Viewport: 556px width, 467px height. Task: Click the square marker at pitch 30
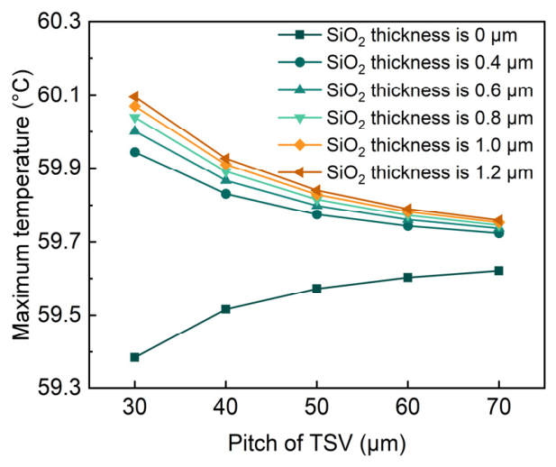coord(135,357)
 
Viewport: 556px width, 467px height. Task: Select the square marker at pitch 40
coord(225,309)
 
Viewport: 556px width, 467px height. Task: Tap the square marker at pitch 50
coord(316,288)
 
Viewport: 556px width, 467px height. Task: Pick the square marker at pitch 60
coord(408,277)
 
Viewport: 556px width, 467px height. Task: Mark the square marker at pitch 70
coord(499,270)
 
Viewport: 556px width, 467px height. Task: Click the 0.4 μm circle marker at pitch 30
coord(135,152)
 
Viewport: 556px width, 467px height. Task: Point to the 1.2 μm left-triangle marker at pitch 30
coord(134,96)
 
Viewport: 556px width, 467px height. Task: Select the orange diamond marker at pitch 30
coord(135,105)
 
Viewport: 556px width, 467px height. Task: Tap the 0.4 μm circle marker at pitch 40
coord(226,194)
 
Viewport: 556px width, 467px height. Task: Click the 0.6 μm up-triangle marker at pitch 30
coord(135,130)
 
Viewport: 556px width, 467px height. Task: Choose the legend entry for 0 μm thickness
coord(397,35)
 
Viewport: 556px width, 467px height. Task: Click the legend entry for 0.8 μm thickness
coord(406,118)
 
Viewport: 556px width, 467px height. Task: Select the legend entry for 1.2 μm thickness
coord(406,173)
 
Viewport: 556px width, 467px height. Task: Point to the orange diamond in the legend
coord(300,145)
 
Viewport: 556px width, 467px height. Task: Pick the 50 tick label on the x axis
coord(316,407)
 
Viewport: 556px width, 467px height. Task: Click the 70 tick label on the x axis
coord(499,407)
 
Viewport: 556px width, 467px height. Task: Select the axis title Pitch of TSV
coord(316,444)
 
